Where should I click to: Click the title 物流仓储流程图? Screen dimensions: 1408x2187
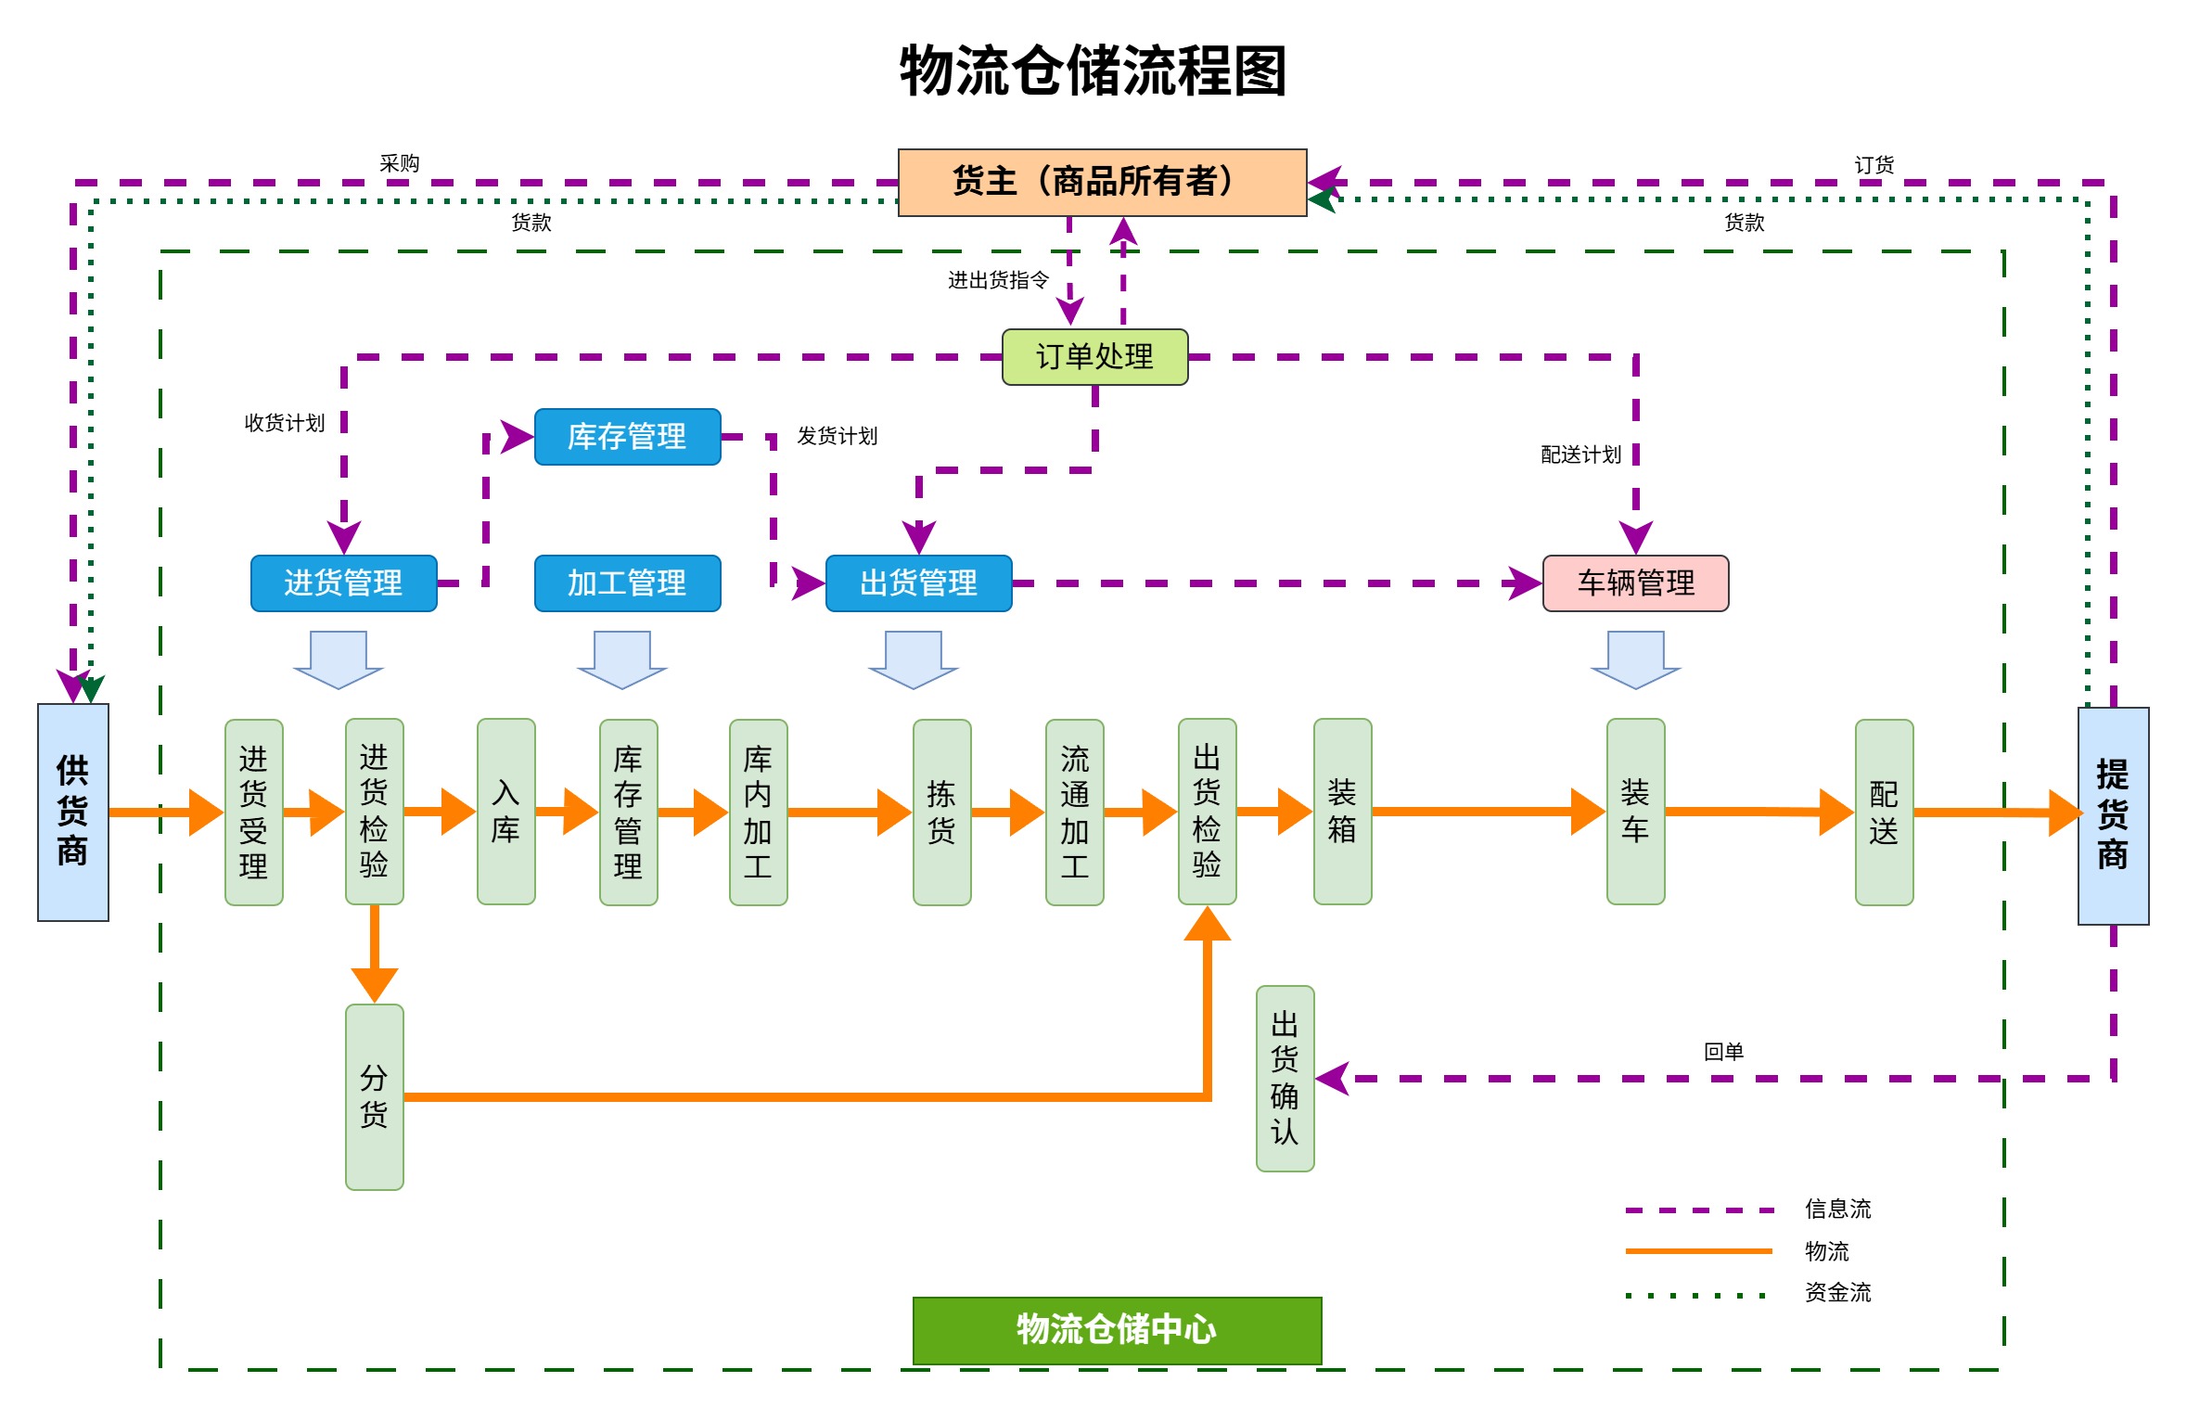[1093, 71]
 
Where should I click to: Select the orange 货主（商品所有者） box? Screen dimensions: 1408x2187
[1102, 182]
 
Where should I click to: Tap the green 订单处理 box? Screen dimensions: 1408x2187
[1094, 356]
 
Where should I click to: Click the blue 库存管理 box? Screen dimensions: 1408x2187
[627, 436]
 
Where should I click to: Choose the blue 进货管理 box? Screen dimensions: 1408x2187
[343, 582]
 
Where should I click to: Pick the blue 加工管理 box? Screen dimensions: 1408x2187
[627, 582]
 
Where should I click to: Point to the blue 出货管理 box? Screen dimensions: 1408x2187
[918, 582]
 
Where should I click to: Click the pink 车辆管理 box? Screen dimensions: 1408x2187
[1635, 582]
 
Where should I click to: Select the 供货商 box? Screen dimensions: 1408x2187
[72, 812]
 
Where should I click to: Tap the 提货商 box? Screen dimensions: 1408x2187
[2112, 815]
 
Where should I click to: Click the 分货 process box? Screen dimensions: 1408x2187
[374, 1096]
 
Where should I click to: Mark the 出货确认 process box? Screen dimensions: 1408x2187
[1285, 1078]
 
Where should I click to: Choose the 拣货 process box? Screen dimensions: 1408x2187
[941, 812]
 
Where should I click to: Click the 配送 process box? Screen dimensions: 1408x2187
[1884, 812]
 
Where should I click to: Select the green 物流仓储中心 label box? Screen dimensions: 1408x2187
[1117, 1329]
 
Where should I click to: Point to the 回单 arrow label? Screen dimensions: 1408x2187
[1723, 1052]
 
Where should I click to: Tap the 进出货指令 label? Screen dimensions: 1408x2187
[998, 280]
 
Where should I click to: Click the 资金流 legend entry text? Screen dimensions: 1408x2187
[1837, 1292]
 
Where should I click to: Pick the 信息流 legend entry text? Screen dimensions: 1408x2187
[1837, 1209]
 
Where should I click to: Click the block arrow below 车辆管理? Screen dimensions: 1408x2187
[1635, 659]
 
